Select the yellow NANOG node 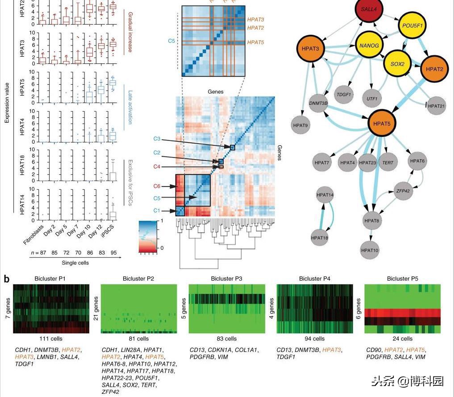tap(370, 45)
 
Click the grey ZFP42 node tap(403, 190)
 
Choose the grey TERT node tap(388, 162)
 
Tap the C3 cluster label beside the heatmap tap(157, 139)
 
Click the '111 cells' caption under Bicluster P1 tap(51, 339)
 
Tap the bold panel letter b tap(7, 279)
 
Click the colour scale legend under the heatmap tap(152, 236)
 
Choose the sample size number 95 tap(113, 253)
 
